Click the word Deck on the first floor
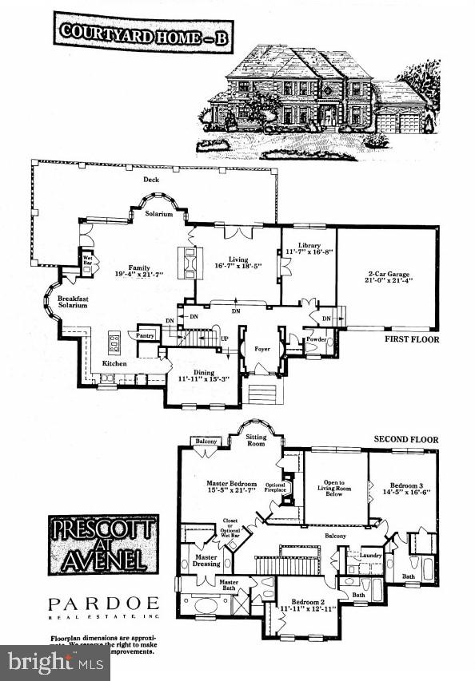[x=151, y=180]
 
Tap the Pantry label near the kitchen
[x=145, y=335]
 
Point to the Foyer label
[x=261, y=348]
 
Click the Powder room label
[x=316, y=339]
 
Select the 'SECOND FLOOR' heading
[x=405, y=440]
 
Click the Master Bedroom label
[x=231, y=485]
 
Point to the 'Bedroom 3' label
[x=405, y=485]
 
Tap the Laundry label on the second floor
[x=369, y=555]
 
